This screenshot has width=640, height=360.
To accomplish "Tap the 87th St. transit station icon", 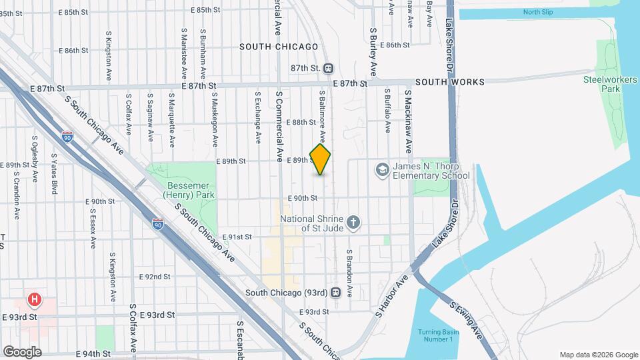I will pos(329,68).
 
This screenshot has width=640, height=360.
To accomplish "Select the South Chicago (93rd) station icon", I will pos(337,292).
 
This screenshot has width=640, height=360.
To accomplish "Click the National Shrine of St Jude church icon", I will pos(354,223).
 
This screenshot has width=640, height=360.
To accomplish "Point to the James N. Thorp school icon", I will pos(382,170).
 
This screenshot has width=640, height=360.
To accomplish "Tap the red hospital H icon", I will pos(33,299).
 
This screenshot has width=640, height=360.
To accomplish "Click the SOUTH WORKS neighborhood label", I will pos(450,82).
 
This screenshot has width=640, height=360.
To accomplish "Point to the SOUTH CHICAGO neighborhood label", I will pos(279,47).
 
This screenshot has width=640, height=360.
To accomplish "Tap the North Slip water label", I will pos(539,12).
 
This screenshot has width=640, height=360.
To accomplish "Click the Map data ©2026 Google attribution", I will pos(598,355).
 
